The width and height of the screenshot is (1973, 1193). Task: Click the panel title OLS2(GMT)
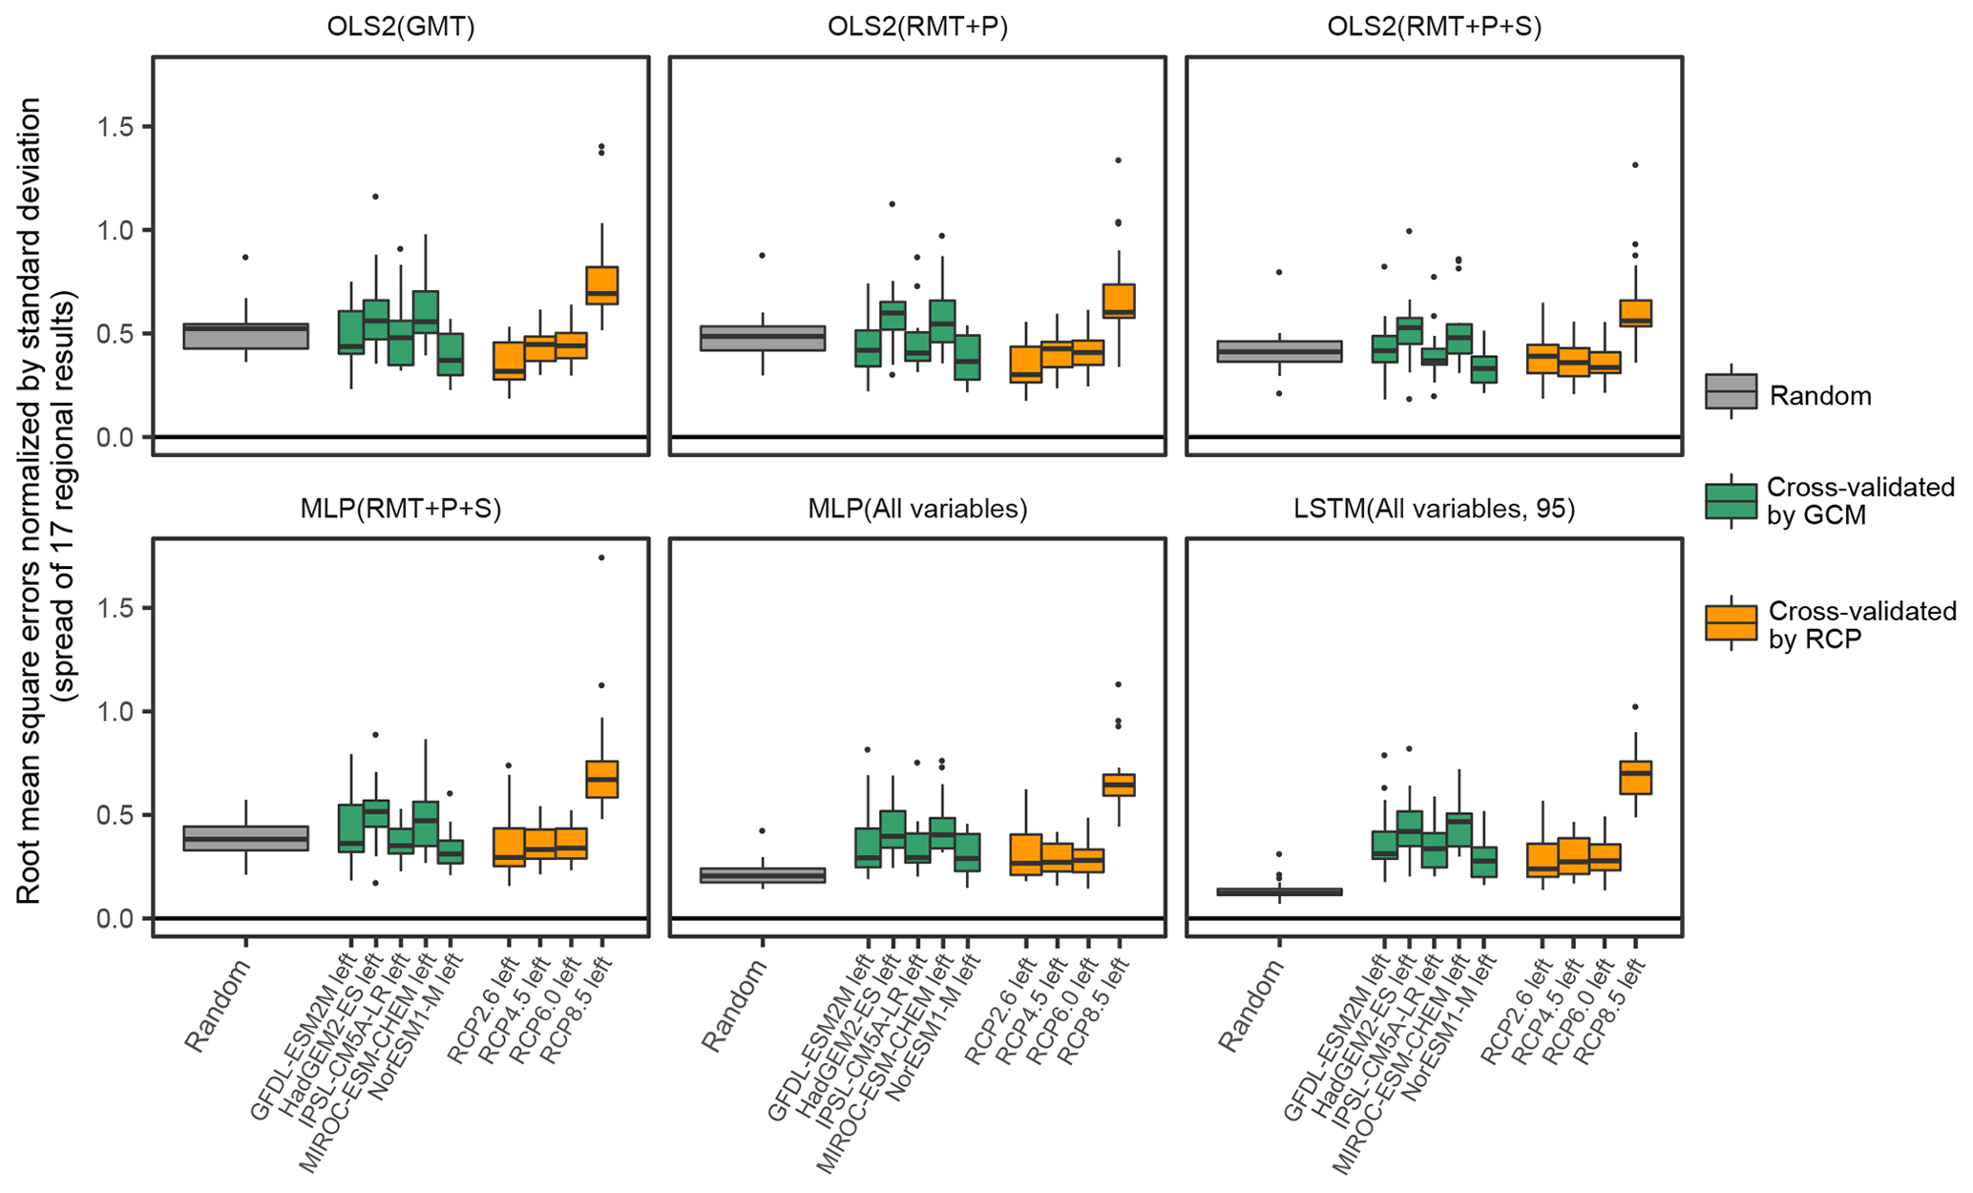(x=401, y=27)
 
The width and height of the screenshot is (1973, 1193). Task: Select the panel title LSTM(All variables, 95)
(x=1434, y=509)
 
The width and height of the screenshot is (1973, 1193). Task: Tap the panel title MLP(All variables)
(x=917, y=509)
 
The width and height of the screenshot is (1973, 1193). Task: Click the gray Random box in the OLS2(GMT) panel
(x=245, y=336)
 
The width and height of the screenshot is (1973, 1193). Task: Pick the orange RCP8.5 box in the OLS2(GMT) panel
(x=602, y=285)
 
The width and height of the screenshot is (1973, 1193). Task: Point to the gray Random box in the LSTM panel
(x=1279, y=892)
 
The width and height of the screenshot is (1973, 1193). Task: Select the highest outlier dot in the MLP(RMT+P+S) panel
(x=601, y=557)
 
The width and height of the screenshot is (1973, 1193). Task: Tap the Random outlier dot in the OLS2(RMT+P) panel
(x=762, y=256)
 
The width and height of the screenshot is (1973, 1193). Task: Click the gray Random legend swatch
(x=1731, y=391)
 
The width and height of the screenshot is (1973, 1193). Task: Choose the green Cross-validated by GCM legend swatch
(x=1731, y=501)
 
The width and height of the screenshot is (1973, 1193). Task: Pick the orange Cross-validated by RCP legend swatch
(x=1731, y=623)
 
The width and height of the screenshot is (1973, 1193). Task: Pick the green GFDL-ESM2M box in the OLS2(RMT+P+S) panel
(x=1384, y=349)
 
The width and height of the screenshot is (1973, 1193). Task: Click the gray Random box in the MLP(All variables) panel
(x=762, y=875)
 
